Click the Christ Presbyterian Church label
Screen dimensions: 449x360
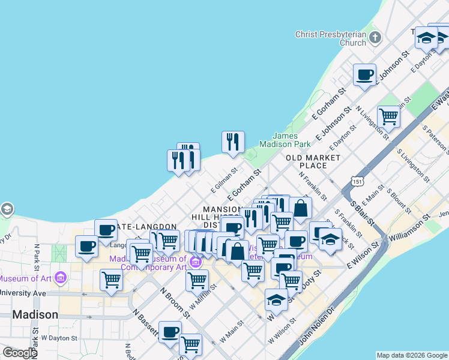tap(331, 38)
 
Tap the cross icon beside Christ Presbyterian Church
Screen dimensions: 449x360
tap(375, 38)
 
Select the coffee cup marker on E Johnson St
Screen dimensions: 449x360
tap(364, 76)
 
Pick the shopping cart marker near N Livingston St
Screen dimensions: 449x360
tap(388, 116)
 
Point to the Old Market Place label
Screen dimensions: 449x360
tap(313, 161)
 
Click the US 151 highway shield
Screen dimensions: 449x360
tap(358, 181)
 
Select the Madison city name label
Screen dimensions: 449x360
tap(35, 314)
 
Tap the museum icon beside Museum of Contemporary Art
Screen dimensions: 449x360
tap(194, 262)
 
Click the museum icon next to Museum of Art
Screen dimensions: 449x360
tap(60, 278)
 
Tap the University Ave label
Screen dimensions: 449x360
tap(23, 293)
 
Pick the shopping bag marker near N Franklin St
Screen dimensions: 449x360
tap(300, 209)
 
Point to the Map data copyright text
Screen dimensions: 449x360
tap(412, 355)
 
